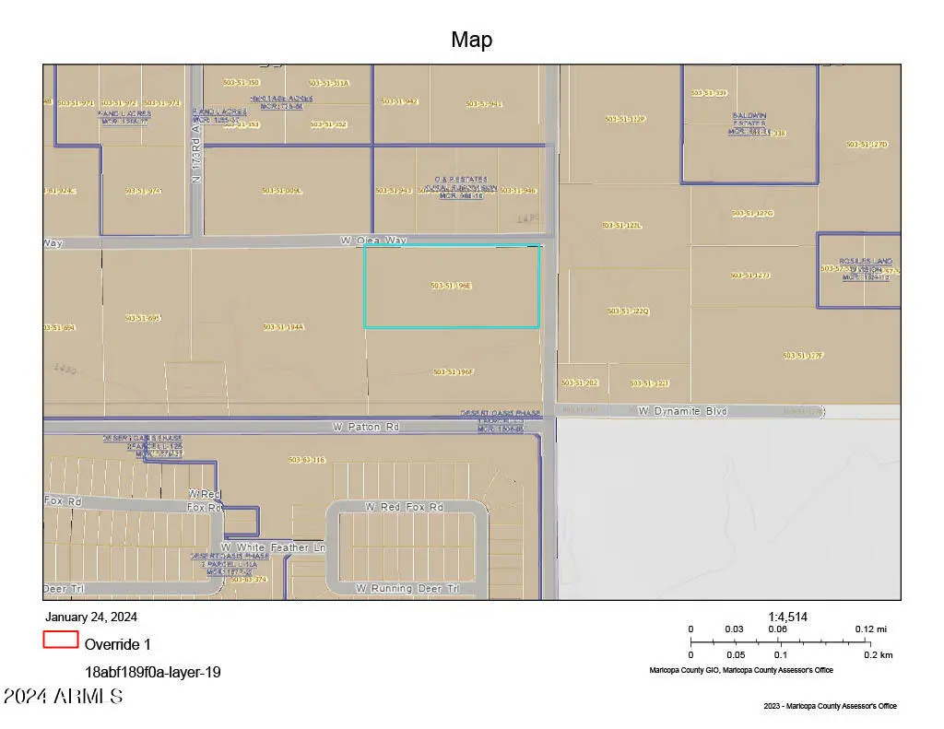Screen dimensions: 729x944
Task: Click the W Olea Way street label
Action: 372,241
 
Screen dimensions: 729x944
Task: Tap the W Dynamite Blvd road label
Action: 682,411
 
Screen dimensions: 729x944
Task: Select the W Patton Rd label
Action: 366,428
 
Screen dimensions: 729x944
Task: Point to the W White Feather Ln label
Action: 273,547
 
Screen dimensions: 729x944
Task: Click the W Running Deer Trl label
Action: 407,588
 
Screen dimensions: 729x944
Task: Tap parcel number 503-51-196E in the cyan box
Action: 451,286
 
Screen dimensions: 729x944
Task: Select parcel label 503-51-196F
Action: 453,372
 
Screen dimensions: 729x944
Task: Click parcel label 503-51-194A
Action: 283,327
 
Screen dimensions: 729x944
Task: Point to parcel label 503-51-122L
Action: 622,225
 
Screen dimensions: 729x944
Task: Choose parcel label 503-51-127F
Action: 803,356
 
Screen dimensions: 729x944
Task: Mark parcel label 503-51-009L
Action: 281,191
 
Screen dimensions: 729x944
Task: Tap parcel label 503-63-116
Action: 307,460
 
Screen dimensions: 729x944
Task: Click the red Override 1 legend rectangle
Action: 60,640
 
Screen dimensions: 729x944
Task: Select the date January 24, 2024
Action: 90,617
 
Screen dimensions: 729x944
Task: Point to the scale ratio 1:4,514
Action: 788,617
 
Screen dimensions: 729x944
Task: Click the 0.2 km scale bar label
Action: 879,654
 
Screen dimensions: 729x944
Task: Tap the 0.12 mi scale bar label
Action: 870,629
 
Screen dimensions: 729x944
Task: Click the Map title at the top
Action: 471,40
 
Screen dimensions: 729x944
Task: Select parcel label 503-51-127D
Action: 867,145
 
